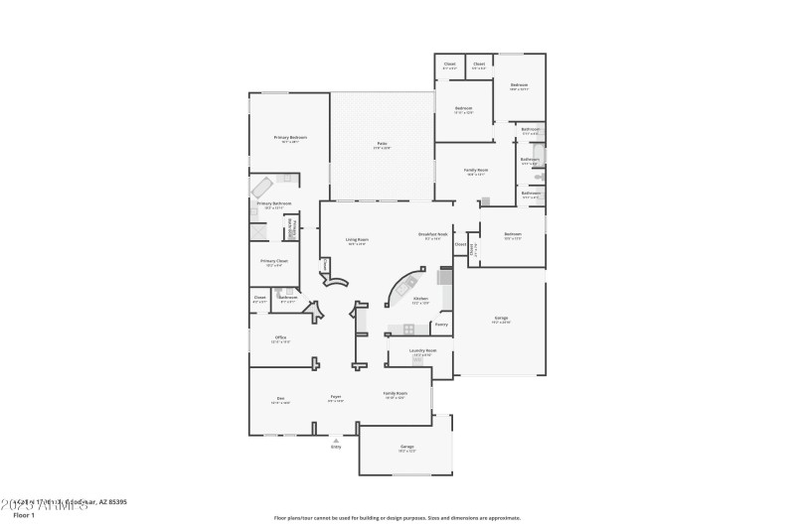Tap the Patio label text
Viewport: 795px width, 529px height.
coord(382,144)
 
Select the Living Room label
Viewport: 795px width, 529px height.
coord(357,239)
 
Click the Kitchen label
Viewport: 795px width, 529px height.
coord(420,298)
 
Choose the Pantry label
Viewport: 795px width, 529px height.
coord(441,324)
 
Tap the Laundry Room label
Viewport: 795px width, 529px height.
coord(424,350)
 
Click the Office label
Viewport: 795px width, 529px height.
coord(281,337)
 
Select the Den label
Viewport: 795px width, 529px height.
coord(281,399)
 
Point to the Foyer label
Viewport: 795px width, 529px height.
coord(337,399)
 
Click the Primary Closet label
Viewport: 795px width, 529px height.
coord(274,261)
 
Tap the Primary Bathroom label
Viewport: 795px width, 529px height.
coord(274,203)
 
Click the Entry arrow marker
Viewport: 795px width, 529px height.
coord(336,439)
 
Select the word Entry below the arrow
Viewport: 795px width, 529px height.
coord(336,447)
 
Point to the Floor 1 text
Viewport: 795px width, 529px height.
coord(23,515)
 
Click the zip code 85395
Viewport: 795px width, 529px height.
coord(115,502)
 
